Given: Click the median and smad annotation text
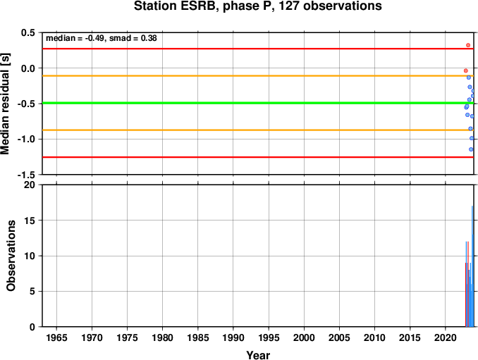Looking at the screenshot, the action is (102, 38).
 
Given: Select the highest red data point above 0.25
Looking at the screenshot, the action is (468, 45).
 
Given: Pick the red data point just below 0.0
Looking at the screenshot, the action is (465, 70).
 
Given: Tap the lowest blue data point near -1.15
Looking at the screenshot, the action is (471, 149).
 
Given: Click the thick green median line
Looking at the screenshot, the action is (258, 103).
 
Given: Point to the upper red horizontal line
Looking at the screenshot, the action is (258, 49).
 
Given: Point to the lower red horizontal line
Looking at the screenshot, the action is (258, 157).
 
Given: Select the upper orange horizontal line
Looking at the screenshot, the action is (258, 76).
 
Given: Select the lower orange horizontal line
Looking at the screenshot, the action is (258, 130).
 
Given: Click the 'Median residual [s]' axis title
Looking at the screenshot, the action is (5, 104).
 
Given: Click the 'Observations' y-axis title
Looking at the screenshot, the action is (11, 256).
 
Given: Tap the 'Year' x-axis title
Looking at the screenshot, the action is (258, 355).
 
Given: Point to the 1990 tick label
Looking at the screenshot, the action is (233, 337).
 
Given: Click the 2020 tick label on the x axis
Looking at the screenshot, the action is (446, 337).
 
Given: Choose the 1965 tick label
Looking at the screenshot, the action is (56, 337).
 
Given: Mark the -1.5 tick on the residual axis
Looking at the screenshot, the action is (26, 175).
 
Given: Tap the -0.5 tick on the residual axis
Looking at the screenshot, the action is (26, 104).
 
